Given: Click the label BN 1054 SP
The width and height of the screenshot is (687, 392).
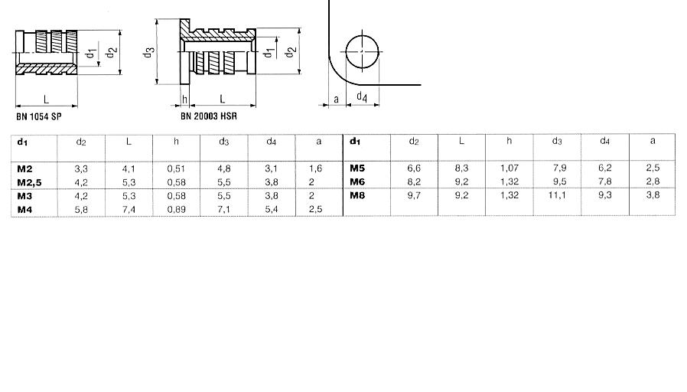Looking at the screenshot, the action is click(39, 116).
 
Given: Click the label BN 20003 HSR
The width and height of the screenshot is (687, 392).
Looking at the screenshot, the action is click(209, 116).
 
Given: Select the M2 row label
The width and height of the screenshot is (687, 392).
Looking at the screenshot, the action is click(24, 168).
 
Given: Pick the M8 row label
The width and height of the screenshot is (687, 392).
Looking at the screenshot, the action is click(357, 195).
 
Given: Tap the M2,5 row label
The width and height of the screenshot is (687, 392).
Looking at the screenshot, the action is click(29, 183).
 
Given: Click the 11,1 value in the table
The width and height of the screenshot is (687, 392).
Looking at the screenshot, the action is click(557, 195).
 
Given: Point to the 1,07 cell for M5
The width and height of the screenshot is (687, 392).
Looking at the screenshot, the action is click(510, 168).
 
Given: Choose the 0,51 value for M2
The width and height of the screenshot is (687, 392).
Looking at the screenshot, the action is click(176, 168).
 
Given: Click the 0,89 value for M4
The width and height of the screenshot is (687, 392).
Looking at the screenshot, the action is click(176, 210).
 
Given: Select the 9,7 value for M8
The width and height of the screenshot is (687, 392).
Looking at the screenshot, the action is click(414, 195).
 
